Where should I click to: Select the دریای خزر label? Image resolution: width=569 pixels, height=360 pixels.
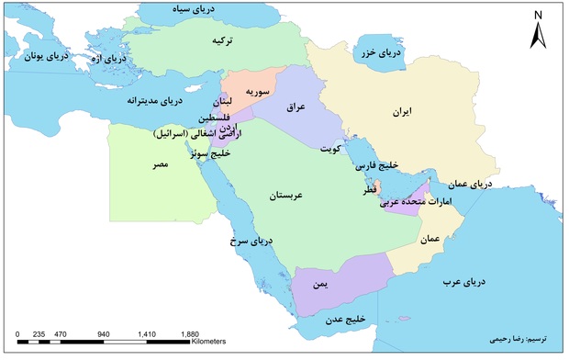[381, 53]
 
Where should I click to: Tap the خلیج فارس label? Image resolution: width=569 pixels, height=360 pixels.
[377, 166]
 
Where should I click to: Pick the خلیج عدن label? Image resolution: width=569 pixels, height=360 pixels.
[343, 319]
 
